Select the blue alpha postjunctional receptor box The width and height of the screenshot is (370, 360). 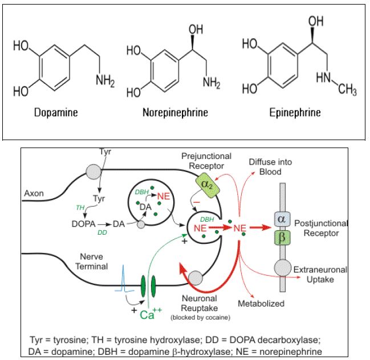(280, 219)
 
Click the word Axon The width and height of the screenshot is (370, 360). (34, 193)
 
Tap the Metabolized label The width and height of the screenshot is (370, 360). (261, 304)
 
